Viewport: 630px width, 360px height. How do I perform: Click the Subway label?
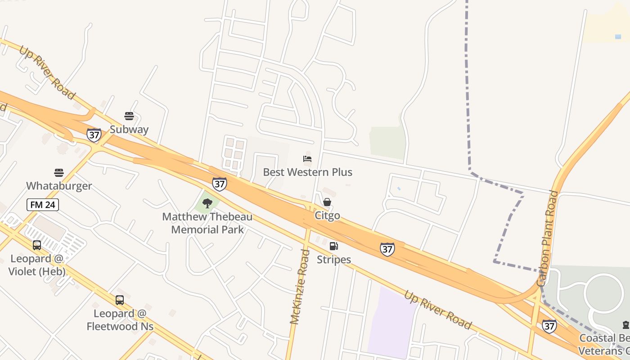click(129, 130)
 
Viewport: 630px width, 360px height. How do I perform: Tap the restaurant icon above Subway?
click(129, 116)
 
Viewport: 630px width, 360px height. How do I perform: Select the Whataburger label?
click(59, 186)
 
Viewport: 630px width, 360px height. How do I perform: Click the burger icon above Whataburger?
click(59, 173)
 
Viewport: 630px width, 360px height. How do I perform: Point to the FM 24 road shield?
click(43, 205)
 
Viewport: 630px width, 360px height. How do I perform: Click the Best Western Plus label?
click(307, 172)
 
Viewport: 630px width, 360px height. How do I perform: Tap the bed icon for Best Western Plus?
click(307, 159)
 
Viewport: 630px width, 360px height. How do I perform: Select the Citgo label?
click(327, 216)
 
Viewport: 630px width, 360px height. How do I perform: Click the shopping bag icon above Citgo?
click(327, 202)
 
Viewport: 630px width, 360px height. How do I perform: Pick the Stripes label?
click(334, 260)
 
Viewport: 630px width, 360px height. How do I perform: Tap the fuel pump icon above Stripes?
click(334, 246)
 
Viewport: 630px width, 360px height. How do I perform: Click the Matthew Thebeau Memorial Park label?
click(207, 223)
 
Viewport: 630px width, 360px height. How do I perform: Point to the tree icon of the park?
click(207, 203)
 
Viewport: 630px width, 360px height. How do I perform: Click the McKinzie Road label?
click(301, 287)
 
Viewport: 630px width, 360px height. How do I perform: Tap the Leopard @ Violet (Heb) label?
click(37, 265)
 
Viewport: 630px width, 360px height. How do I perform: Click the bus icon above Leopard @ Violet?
click(37, 245)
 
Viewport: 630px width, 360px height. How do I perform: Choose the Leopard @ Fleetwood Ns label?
click(120, 320)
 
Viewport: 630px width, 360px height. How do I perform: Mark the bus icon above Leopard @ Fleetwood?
click(120, 300)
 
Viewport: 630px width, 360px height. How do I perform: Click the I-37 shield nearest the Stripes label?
click(387, 249)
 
